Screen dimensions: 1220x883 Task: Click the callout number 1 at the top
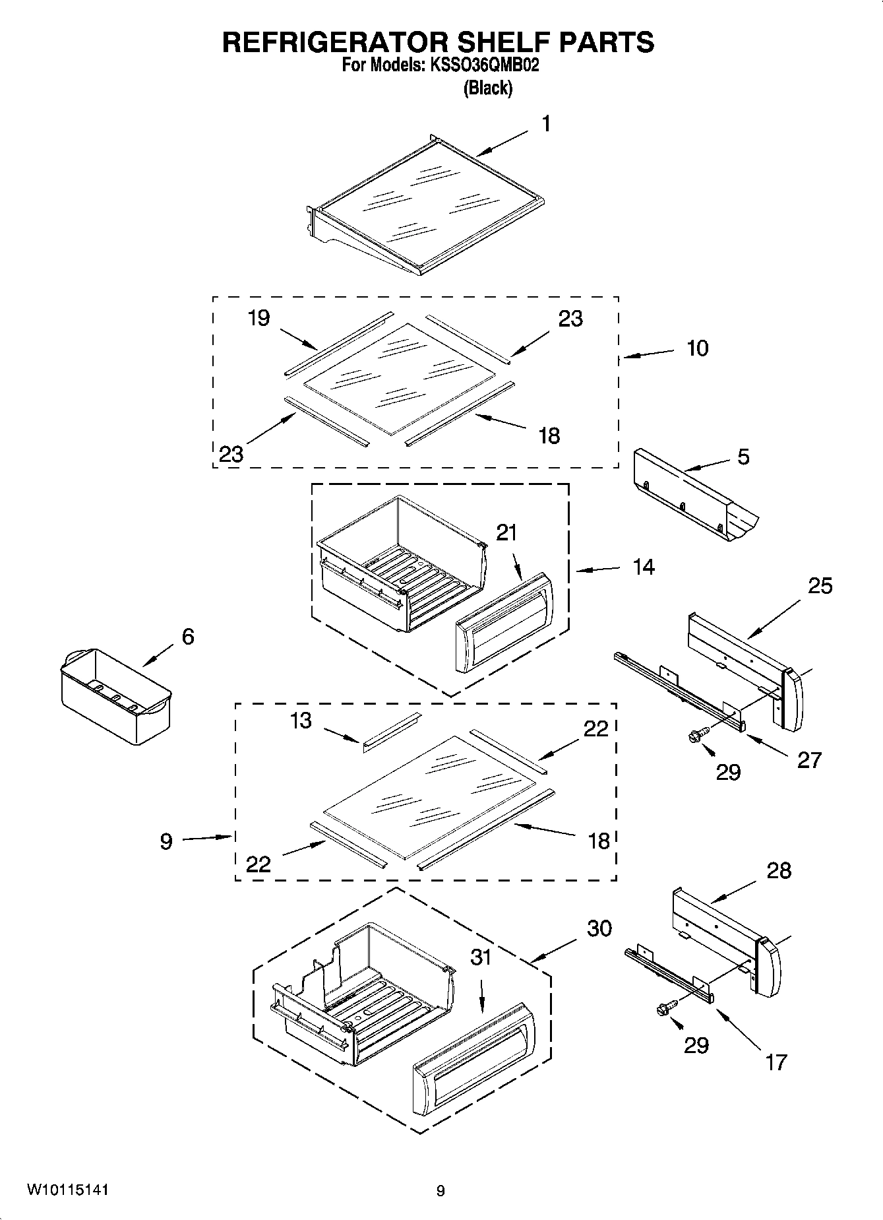pos(546,124)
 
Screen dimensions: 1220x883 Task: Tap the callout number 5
pos(743,457)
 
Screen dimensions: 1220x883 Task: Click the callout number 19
pos(259,318)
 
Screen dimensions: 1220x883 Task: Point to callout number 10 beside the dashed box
pos(697,348)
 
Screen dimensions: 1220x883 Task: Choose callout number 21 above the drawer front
pos(506,532)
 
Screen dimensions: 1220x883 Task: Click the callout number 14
pos(644,566)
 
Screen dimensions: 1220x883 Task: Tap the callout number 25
pos(820,585)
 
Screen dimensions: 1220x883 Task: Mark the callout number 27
pos(809,759)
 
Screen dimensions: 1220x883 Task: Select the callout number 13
pos(300,721)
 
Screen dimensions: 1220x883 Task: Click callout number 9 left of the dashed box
pos(166,841)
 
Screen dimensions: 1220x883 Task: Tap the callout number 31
pos(481,957)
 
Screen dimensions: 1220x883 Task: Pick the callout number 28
pos(779,870)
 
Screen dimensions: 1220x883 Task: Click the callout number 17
pos(776,1062)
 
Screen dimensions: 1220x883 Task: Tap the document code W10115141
pos(68,1190)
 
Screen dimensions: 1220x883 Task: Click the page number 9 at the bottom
pos(441,1191)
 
